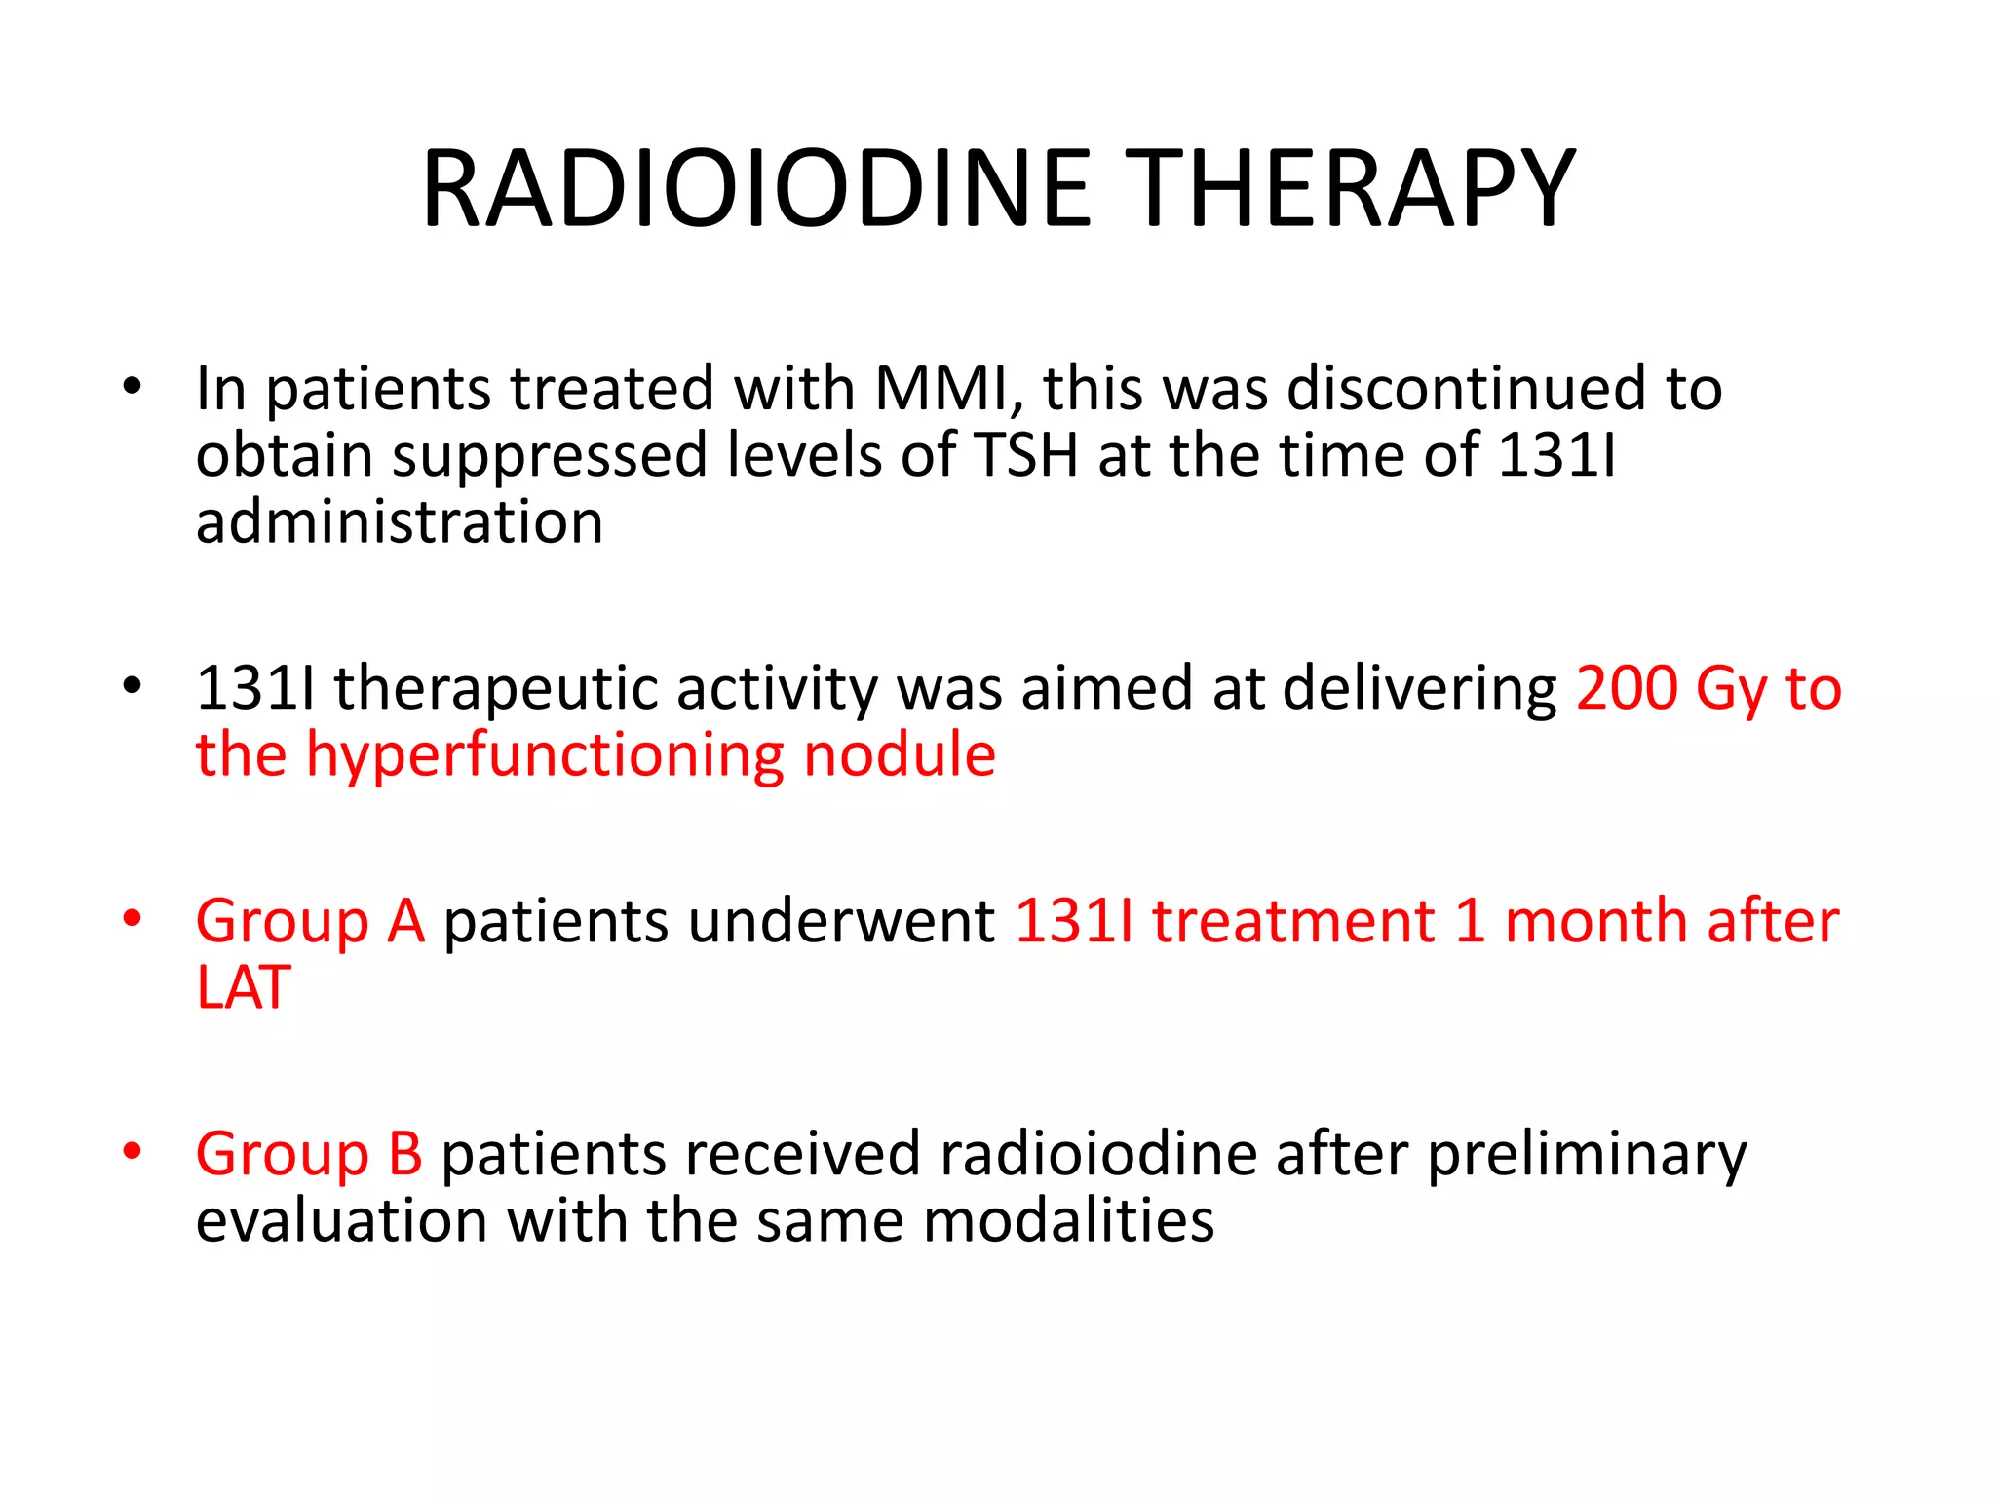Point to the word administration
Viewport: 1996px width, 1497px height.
tap(400, 522)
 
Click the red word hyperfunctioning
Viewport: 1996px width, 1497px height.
tap(545, 756)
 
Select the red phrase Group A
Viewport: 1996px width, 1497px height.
tap(310, 922)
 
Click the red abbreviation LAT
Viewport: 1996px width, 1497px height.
tap(244, 987)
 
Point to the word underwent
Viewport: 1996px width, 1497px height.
tap(718, 921)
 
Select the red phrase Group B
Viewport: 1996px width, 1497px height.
tap(309, 1154)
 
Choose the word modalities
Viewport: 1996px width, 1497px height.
tap(1068, 1220)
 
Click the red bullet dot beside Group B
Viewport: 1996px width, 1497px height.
tap(133, 1151)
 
